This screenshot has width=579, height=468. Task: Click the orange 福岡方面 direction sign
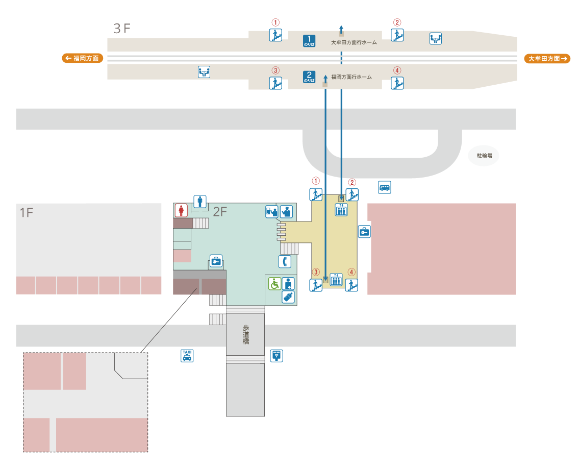click(x=83, y=58)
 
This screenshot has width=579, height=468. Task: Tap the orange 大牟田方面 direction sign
click(x=547, y=59)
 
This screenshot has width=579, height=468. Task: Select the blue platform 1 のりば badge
click(x=309, y=41)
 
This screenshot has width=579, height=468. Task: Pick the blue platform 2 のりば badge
click(x=309, y=77)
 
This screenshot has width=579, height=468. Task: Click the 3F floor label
click(x=122, y=29)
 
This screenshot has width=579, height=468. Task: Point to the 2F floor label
click(x=220, y=212)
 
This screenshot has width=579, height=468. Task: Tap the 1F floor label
click(x=27, y=213)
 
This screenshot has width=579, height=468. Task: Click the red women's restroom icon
click(x=181, y=210)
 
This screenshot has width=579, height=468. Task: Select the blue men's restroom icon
click(x=199, y=202)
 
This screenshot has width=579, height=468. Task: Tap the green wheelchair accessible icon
click(x=275, y=283)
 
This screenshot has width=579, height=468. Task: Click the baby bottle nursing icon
click(x=288, y=297)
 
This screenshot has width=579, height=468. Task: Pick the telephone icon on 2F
click(x=285, y=262)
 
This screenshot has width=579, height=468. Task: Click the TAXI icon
click(x=187, y=355)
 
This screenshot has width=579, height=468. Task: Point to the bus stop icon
click(x=385, y=187)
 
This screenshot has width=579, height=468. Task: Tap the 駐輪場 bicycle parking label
click(x=484, y=156)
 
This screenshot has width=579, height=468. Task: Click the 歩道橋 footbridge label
click(x=245, y=334)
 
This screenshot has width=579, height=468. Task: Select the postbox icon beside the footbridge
click(x=276, y=356)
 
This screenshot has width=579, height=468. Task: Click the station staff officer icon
click(x=286, y=211)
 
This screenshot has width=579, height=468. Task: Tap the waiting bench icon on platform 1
click(x=435, y=38)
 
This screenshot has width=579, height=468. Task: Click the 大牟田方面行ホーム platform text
click(x=354, y=42)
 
